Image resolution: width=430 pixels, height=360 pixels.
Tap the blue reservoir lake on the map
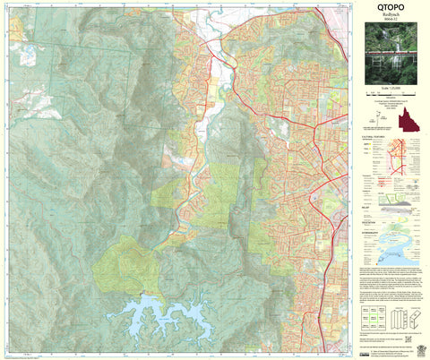[x=179, y=313]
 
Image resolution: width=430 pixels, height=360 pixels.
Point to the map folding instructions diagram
[x=404, y=318]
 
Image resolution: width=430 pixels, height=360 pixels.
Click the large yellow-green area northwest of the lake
[x=125, y=264]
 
